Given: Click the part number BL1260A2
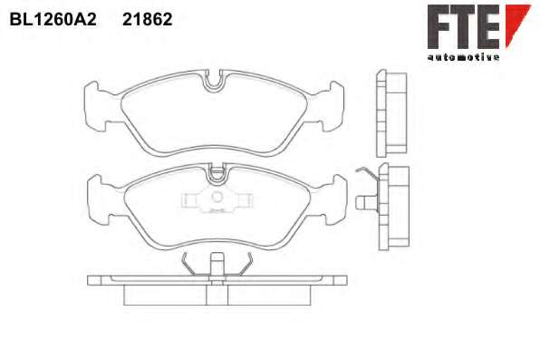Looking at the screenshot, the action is tap(53, 19).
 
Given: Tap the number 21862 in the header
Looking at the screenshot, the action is tap(148, 19).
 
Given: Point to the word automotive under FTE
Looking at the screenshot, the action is tap(463, 57).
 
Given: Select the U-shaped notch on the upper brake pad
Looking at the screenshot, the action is tap(214, 82).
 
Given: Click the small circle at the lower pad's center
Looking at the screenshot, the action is tap(217, 197).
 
